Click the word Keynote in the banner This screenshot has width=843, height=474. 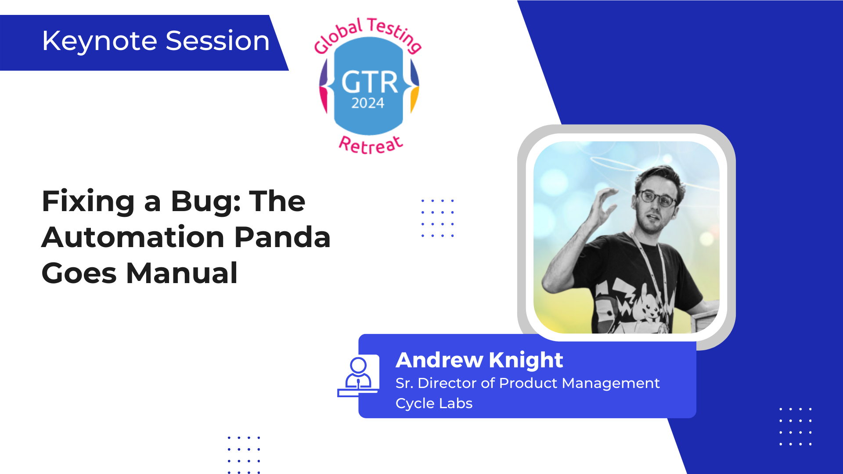click(x=100, y=41)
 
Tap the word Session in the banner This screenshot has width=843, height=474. click(x=218, y=41)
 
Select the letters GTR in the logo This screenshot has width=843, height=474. click(x=370, y=82)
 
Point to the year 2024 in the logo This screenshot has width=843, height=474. click(x=367, y=103)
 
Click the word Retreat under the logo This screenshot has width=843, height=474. click(x=371, y=144)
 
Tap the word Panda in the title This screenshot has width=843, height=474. click(x=282, y=237)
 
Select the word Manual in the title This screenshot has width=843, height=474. click(x=182, y=273)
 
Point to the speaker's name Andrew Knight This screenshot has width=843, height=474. click(x=479, y=360)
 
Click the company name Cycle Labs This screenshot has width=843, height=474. click(x=434, y=403)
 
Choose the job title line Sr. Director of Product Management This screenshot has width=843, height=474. click(x=527, y=383)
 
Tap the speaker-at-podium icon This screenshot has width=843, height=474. click(x=358, y=376)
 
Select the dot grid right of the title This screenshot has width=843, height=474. click(x=437, y=218)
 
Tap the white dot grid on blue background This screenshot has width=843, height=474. click(x=795, y=427)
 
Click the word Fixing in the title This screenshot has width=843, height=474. click(x=88, y=202)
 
